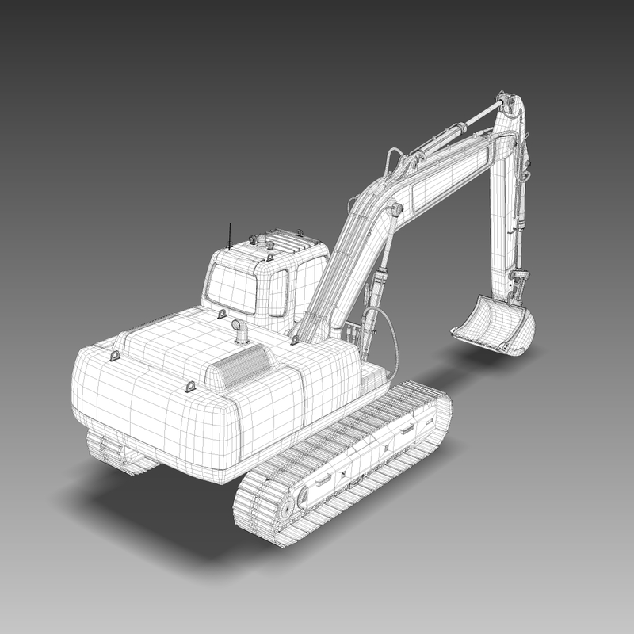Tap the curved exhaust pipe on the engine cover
tap(239, 330)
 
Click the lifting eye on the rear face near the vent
tap(190, 386)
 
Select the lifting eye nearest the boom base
tap(295, 339)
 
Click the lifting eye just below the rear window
tap(223, 315)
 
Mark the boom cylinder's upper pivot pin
tap(395, 210)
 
